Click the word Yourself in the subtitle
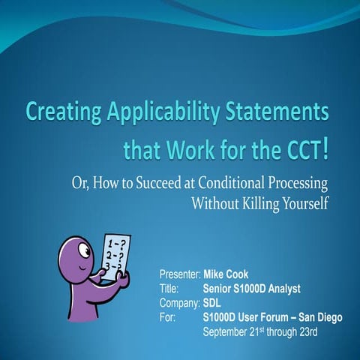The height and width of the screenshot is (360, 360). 305,203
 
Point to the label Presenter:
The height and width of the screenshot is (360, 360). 180,275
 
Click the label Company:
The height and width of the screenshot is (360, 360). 179,303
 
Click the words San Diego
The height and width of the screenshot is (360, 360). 318,317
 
